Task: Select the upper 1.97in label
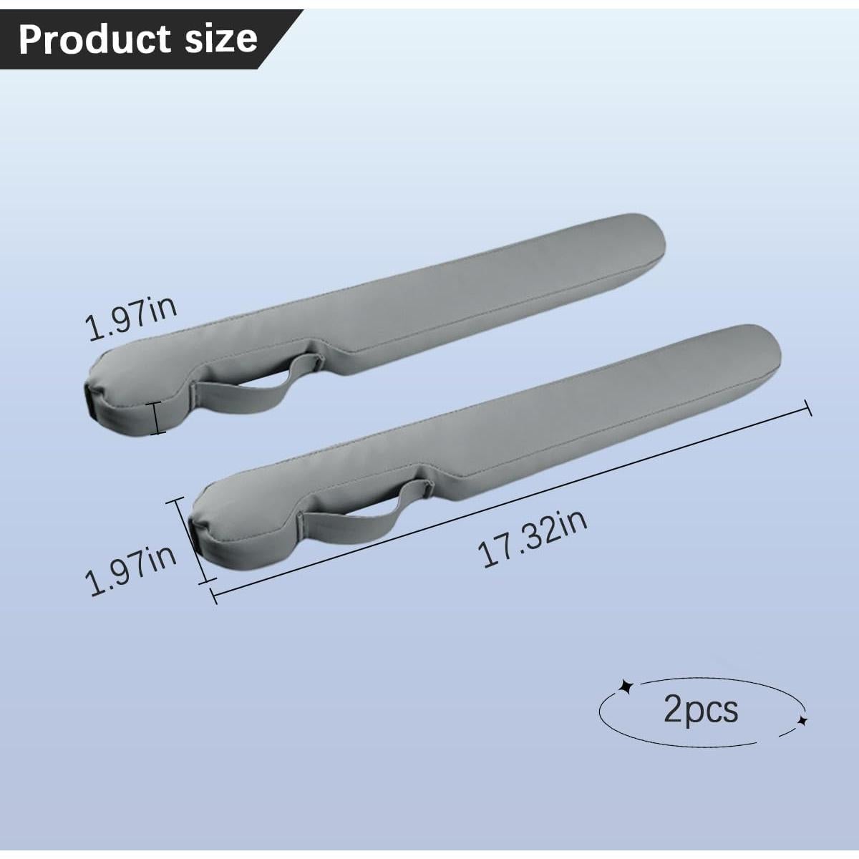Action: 131,319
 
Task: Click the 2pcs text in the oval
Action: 701,709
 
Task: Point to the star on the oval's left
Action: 626,687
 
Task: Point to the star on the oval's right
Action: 802,720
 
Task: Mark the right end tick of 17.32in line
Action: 809,408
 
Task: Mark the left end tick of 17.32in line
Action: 213,594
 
